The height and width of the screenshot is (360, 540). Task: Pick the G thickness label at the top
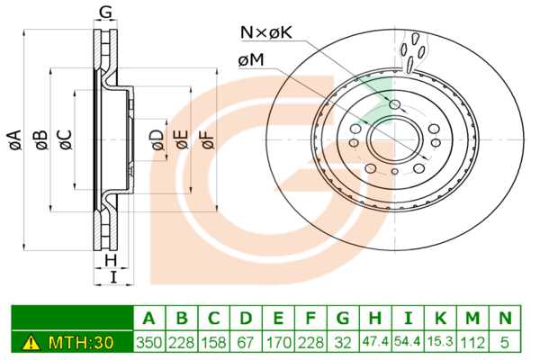[106, 13]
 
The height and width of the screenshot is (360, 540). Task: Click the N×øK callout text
[265, 33]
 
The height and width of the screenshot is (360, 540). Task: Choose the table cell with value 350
[148, 342]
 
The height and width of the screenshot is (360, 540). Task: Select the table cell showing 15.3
[440, 342]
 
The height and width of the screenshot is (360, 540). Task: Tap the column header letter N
[505, 318]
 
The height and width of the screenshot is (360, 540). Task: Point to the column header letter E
[278, 318]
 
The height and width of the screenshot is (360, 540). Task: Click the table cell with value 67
[246, 342]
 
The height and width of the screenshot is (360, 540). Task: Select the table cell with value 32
[343, 342]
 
